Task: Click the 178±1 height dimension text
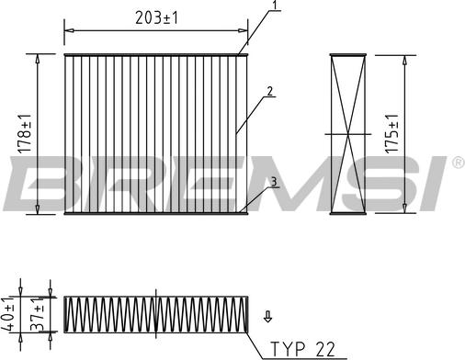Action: pyautogui.click(x=25, y=134)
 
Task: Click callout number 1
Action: pyautogui.click(x=273, y=6)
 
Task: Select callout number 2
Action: pyautogui.click(x=268, y=91)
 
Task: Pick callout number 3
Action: pyautogui.click(x=273, y=182)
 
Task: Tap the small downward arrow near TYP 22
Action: pyautogui.click(x=267, y=318)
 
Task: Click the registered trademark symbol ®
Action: pyautogui.click(x=457, y=163)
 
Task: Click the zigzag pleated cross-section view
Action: pyautogui.click(x=156, y=314)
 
